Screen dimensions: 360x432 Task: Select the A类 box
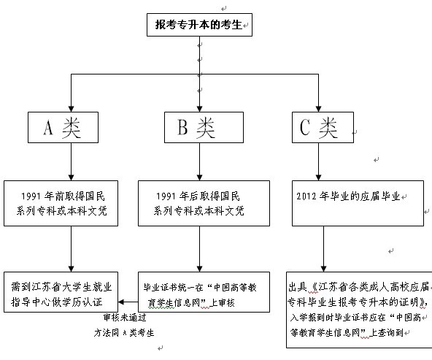(70, 129)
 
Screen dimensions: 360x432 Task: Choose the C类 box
(319, 129)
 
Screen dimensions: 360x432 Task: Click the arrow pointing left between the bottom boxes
(129, 302)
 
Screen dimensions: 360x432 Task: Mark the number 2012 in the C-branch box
(308, 196)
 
